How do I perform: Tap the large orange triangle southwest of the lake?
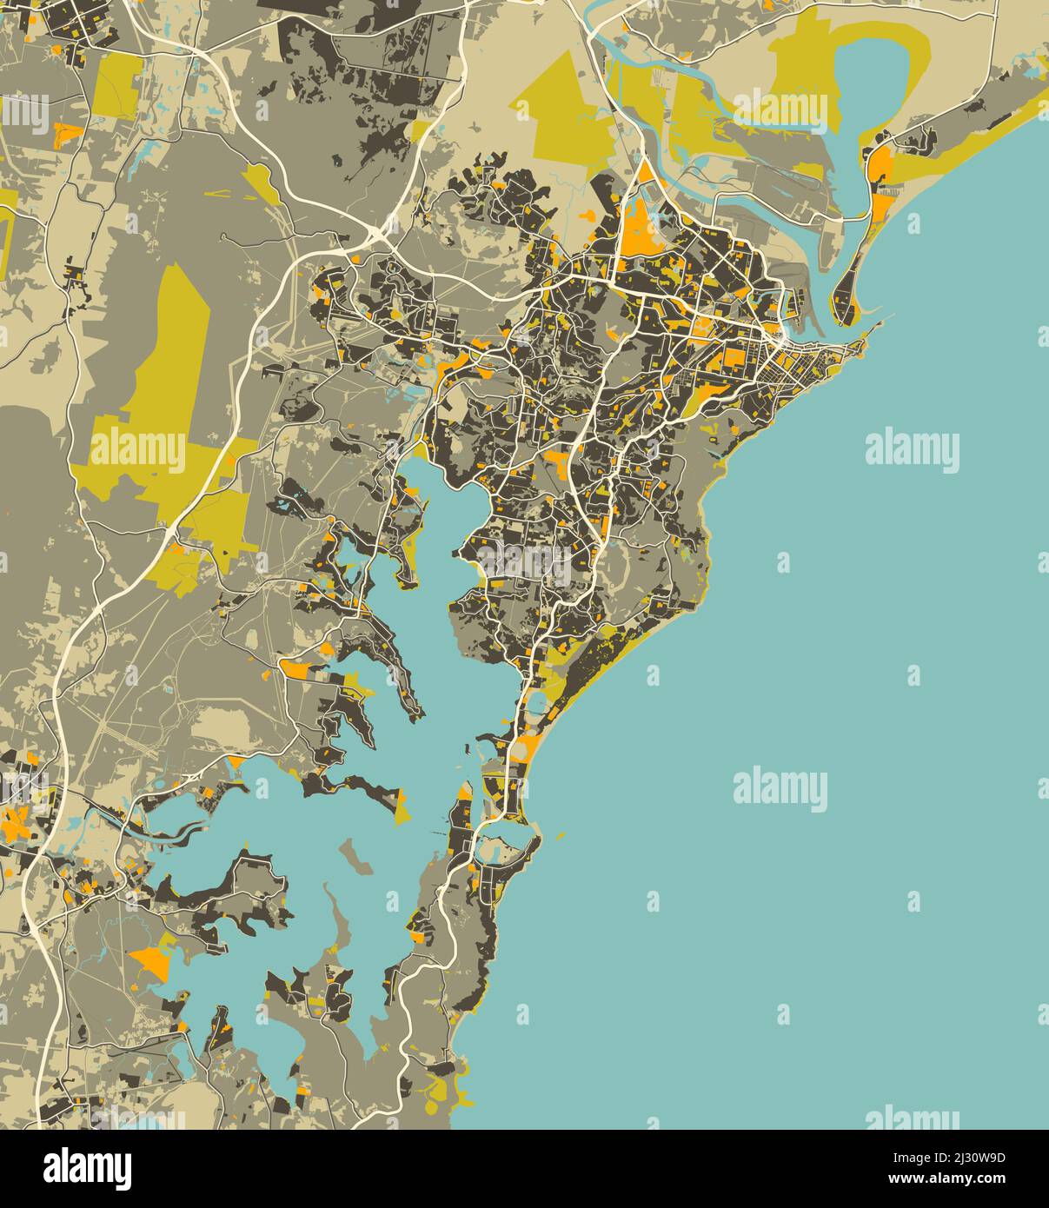pos(149,962)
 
